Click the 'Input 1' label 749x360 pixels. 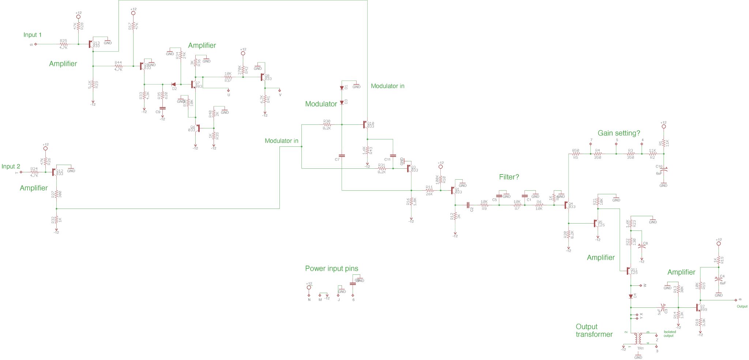(32, 35)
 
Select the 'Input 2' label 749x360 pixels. (11, 166)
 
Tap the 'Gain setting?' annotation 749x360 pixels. (619, 133)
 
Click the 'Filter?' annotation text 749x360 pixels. (509, 177)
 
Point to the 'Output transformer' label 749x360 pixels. (594, 330)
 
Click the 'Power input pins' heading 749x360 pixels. (331, 269)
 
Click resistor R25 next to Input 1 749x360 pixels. (64, 44)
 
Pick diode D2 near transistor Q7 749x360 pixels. (173, 85)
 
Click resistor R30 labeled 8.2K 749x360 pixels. (327, 125)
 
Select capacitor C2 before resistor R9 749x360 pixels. (468, 205)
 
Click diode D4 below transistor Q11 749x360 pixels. (631, 296)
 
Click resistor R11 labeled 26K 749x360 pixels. (429, 191)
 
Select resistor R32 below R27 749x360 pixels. (56, 220)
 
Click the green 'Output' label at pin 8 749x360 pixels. (742, 306)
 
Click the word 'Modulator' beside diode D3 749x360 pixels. (321, 104)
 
